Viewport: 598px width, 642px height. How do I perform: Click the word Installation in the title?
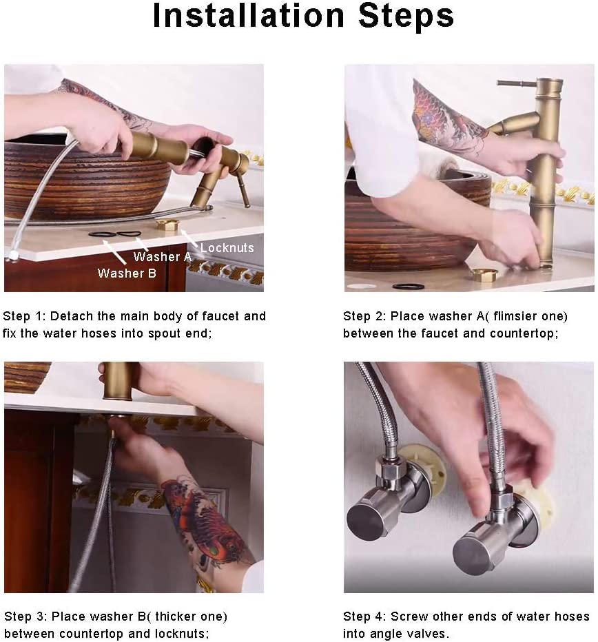click(248, 16)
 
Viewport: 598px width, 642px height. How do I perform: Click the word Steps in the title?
click(406, 16)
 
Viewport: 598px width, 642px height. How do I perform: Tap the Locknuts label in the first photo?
click(227, 248)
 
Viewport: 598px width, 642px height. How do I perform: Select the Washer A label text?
click(163, 257)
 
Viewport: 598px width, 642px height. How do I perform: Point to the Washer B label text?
click(127, 273)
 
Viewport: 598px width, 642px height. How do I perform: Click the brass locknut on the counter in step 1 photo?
click(167, 225)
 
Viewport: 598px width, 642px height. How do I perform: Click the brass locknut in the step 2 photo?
click(484, 274)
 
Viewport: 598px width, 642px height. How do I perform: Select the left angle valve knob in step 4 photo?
click(366, 518)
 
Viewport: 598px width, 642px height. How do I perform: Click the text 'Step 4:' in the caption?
click(364, 617)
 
